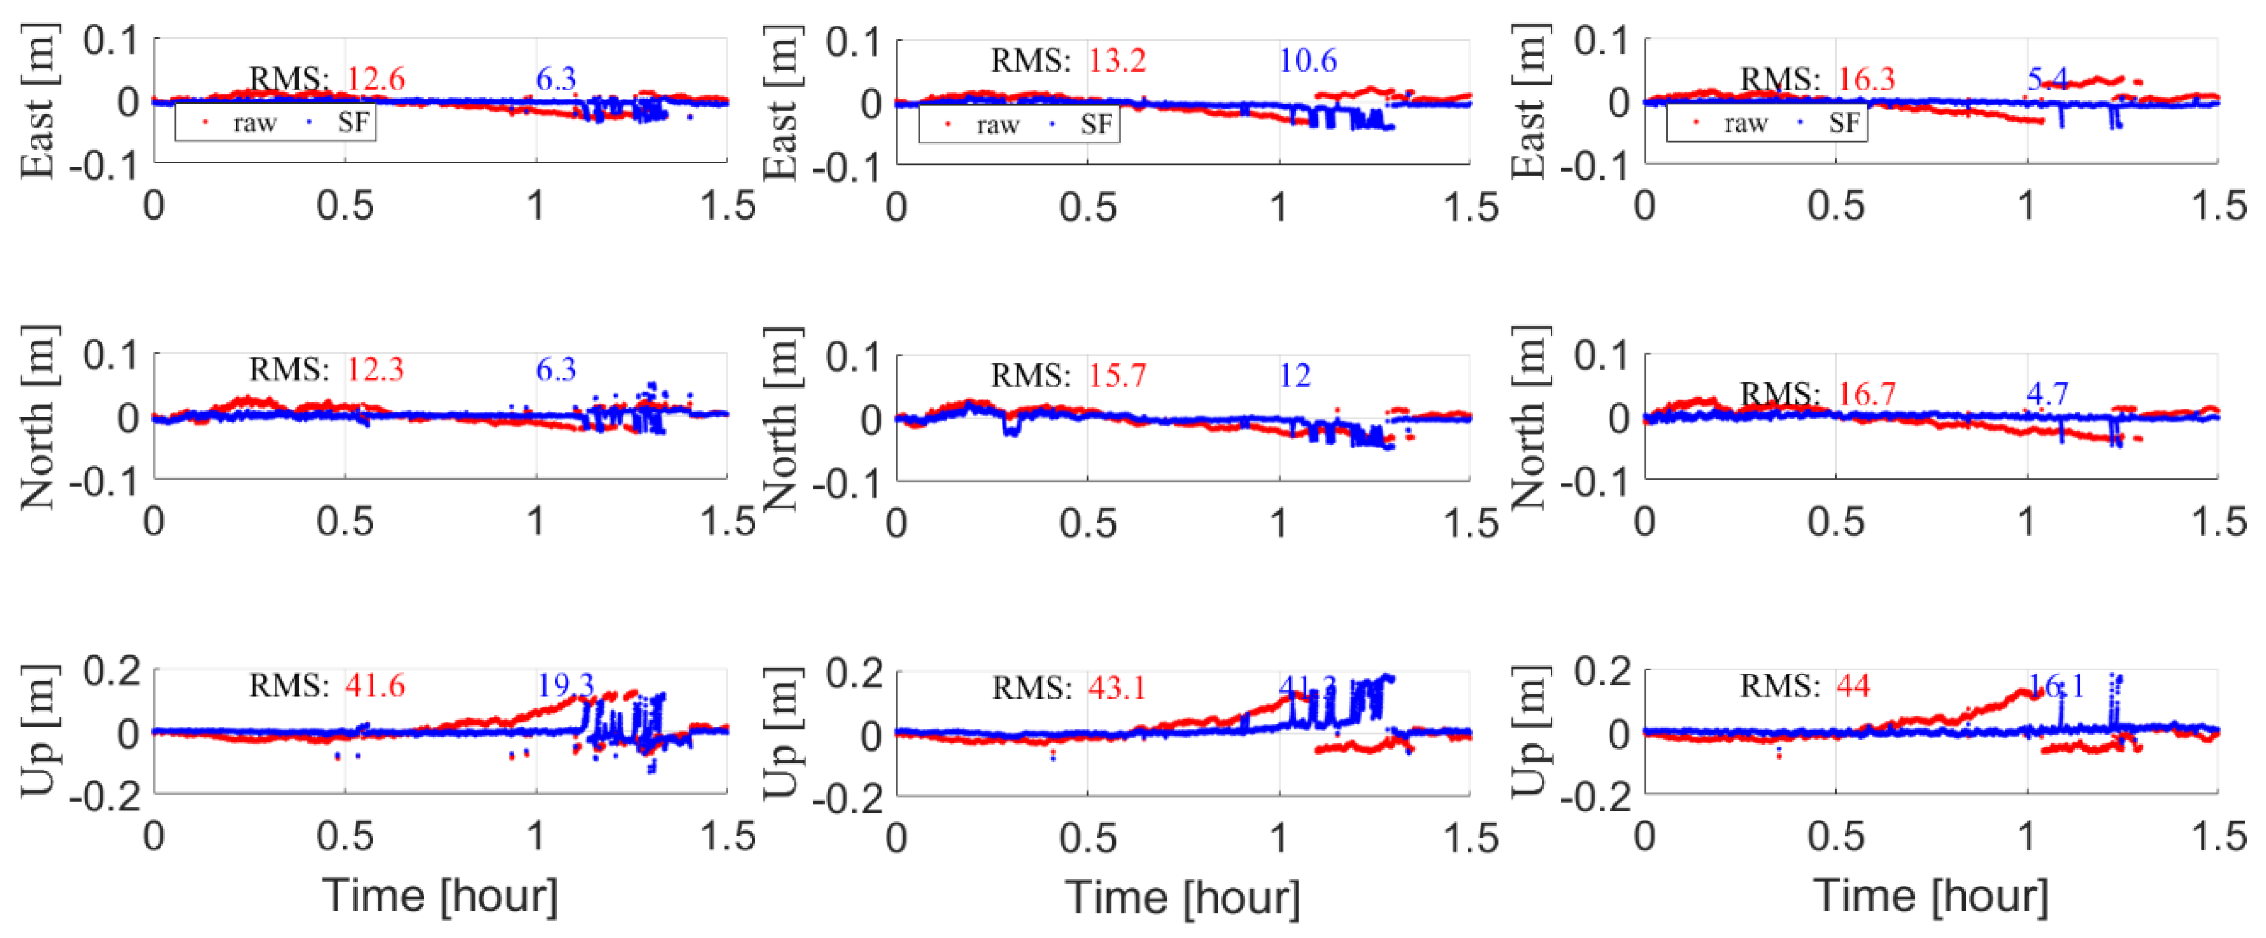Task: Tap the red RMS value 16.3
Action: (1866, 79)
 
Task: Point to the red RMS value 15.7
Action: (1117, 375)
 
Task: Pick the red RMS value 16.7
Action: (1866, 394)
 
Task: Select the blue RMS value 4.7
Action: (2047, 394)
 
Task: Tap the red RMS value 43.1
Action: (1117, 686)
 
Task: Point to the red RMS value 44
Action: (1853, 685)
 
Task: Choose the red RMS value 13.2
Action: (1117, 60)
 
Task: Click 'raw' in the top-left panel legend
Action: (254, 123)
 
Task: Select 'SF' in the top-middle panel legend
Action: (1096, 125)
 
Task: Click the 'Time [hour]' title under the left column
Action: (440, 896)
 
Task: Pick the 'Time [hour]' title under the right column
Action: (1931, 896)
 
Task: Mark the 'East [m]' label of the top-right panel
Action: (1530, 101)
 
